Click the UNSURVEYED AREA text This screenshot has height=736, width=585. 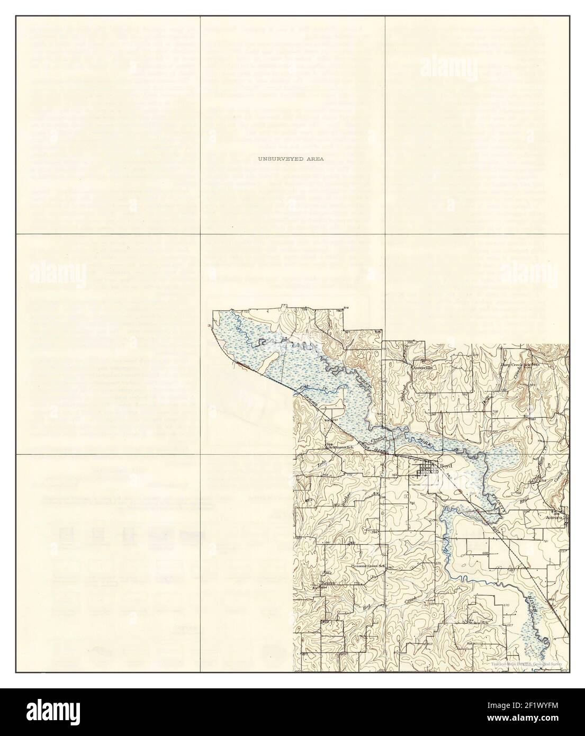[291, 158]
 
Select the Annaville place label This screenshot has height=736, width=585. [424, 366]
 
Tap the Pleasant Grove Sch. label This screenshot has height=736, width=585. [369, 566]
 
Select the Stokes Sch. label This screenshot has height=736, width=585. [477, 623]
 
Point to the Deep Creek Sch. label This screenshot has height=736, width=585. [519, 364]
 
